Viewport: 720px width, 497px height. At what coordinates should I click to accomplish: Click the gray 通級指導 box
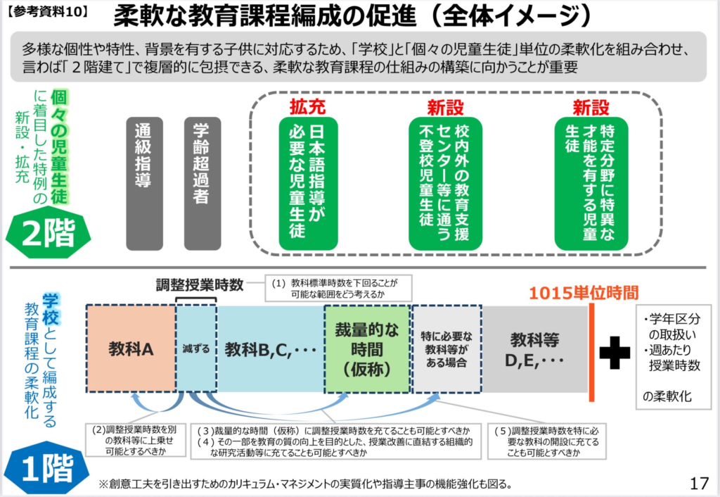(144, 184)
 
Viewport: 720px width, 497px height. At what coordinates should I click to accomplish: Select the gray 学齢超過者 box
(202, 184)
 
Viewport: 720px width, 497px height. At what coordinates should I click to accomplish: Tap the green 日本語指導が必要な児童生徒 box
(308, 184)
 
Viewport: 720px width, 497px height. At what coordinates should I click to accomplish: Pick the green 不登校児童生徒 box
(445, 184)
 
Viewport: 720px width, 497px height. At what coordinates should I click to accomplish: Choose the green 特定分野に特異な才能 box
(591, 184)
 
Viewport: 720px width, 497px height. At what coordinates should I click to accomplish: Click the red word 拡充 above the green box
(308, 107)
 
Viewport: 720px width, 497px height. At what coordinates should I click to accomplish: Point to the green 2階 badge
(48, 232)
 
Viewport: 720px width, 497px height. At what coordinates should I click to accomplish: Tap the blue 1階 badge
(47, 468)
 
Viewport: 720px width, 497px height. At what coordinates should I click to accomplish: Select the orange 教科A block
(131, 349)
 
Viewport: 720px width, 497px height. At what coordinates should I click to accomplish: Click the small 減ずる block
(196, 349)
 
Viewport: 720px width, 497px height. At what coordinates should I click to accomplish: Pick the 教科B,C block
(271, 349)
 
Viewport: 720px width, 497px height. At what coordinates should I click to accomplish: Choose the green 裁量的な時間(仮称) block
(367, 349)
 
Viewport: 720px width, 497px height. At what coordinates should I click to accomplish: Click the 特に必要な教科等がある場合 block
(446, 349)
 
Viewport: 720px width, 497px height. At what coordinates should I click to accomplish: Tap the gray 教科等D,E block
(535, 349)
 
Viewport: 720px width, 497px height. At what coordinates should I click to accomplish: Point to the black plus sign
(615, 353)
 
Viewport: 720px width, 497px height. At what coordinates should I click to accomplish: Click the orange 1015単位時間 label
(584, 293)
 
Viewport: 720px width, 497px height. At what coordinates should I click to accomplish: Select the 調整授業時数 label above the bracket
(200, 285)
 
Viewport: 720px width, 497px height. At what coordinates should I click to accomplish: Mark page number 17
(700, 483)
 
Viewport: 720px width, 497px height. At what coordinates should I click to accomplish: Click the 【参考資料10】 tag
(47, 11)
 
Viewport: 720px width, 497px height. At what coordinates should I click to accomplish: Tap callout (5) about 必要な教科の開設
(546, 441)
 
